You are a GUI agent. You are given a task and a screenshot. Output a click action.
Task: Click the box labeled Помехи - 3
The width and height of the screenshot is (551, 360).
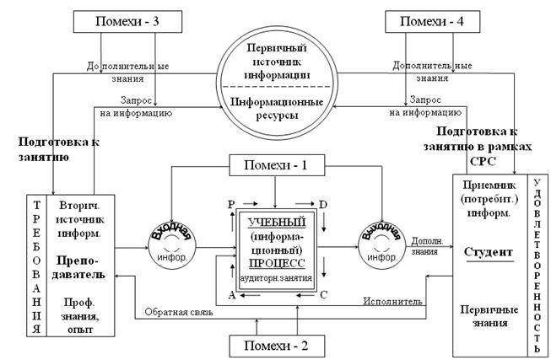[x=125, y=20]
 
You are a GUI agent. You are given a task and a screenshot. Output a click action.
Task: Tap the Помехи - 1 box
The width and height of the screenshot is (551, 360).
[x=276, y=166]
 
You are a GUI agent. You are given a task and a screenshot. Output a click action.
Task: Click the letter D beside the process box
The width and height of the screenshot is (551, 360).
[x=323, y=204]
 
